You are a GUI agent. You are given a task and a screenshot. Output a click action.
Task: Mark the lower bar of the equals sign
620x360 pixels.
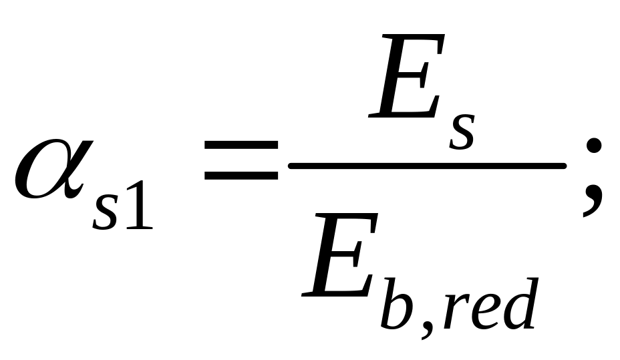241,178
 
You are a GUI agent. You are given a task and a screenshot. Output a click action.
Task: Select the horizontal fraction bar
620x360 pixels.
428,165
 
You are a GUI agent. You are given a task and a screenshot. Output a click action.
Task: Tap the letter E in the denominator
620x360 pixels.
337,264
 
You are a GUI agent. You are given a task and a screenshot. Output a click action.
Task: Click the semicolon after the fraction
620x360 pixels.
591,180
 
